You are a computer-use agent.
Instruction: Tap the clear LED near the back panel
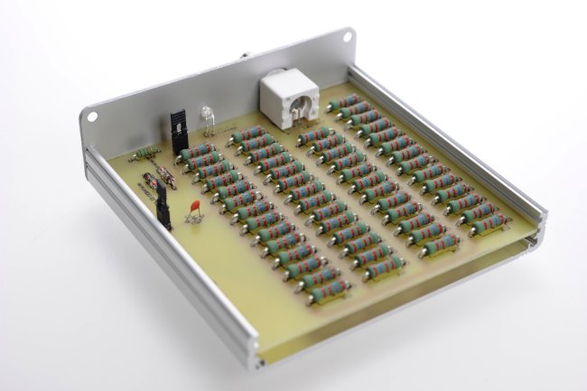(206, 115)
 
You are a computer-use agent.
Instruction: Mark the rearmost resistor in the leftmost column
(197, 151)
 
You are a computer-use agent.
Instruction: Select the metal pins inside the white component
(293, 113)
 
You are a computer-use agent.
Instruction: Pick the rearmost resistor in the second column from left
(248, 135)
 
